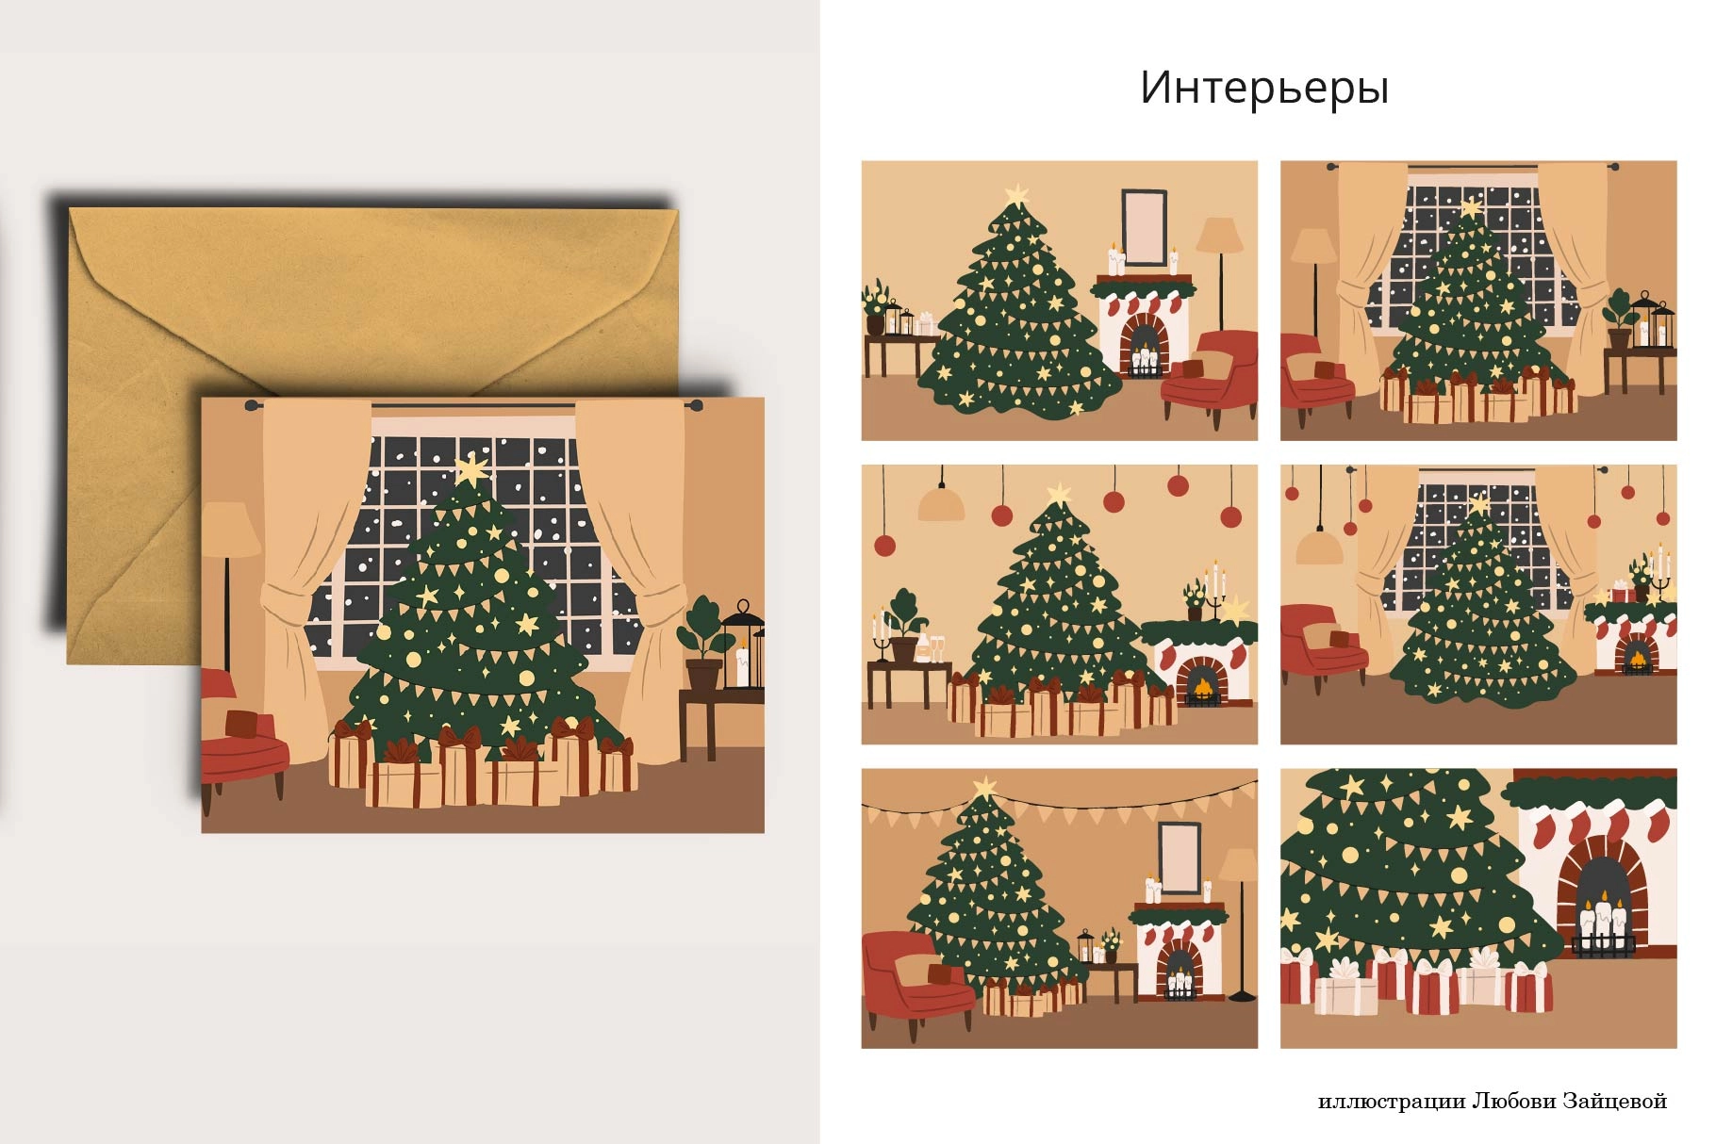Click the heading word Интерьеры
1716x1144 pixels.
click(x=1263, y=88)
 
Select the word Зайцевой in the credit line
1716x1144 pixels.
click(x=1615, y=1101)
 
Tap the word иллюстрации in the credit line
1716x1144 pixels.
click(x=1391, y=1101)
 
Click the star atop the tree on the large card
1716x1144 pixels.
click(x=470, y=469)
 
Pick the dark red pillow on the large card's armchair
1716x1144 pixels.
click(x=241, y=723)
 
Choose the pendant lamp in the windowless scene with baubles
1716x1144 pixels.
click(x=941, y=504)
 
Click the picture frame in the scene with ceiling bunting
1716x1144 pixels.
click(x=1179, y=857)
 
